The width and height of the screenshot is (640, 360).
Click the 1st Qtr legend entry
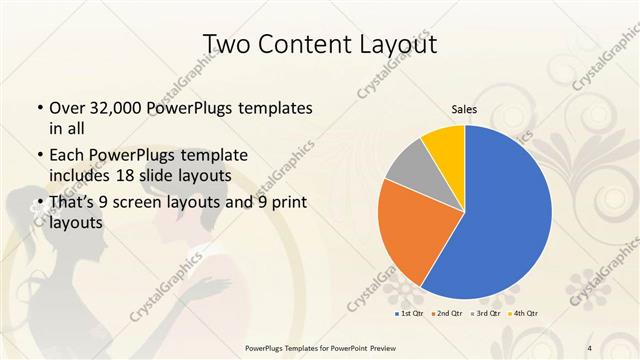[x=410, y=314]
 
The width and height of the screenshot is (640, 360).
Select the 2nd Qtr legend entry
[x=447, y=314]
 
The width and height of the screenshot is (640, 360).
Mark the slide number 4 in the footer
[x=590, y=348]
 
